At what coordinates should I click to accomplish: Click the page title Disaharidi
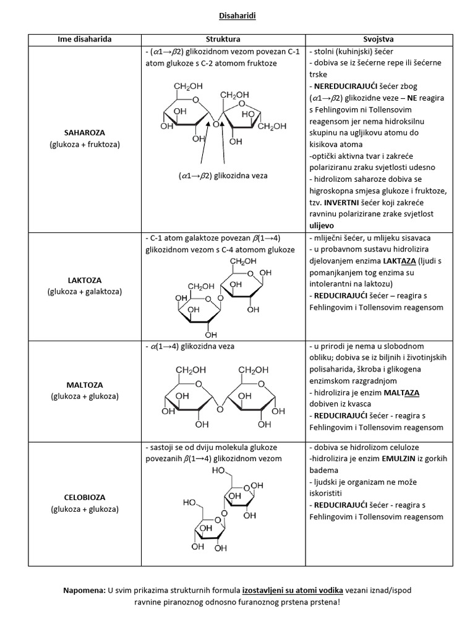coord(237,17)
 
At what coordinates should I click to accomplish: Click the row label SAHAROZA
coord(85,133)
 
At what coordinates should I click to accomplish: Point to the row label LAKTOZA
coord(85,279)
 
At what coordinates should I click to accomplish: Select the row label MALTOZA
coord(85,384)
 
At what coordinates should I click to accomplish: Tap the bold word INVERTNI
coord(341,203)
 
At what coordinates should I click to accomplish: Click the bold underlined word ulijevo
coord(322,226)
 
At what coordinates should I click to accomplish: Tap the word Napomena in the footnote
coord(84,590)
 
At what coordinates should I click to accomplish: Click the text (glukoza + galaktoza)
coord(85,291)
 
